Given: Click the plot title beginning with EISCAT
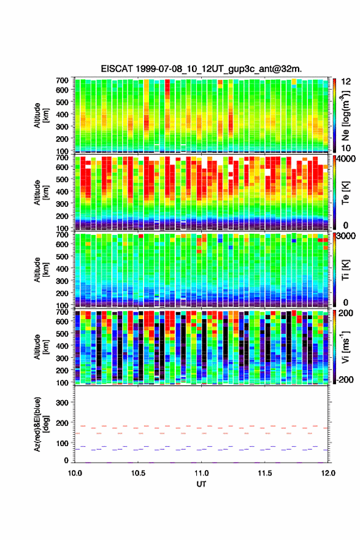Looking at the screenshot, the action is [x=201, y=69].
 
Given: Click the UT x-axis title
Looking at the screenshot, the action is [x=201, y=484].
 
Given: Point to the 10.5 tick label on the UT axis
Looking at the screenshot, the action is [x=138, y=473].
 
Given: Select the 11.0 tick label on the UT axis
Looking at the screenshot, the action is [x=201, y=473].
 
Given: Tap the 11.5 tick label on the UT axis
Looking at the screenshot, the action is [x=265, y=473].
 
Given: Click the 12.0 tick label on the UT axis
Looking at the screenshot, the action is [x=328, y=473].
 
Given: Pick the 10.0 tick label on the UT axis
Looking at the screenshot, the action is [x=75, y=473].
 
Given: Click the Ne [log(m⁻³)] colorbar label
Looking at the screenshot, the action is [x=346, y=115].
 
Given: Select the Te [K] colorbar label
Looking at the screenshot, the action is [x=345, y=193].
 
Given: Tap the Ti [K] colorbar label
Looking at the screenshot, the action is [x=345, y=269].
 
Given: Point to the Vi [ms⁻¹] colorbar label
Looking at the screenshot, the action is [x=345, y=347].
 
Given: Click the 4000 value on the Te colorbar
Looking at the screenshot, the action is [x=347, y=159].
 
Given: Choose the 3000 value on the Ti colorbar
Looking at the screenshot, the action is [x=347, y=236].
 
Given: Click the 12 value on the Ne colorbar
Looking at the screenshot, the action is [x=347, y=82].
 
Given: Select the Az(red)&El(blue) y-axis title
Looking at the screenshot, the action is [x=41, y=424].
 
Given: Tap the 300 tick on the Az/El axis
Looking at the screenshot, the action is [x=63, y=403].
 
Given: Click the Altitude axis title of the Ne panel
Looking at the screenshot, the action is [x=41, y=115].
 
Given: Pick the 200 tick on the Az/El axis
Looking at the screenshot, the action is [x=63, y=423].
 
